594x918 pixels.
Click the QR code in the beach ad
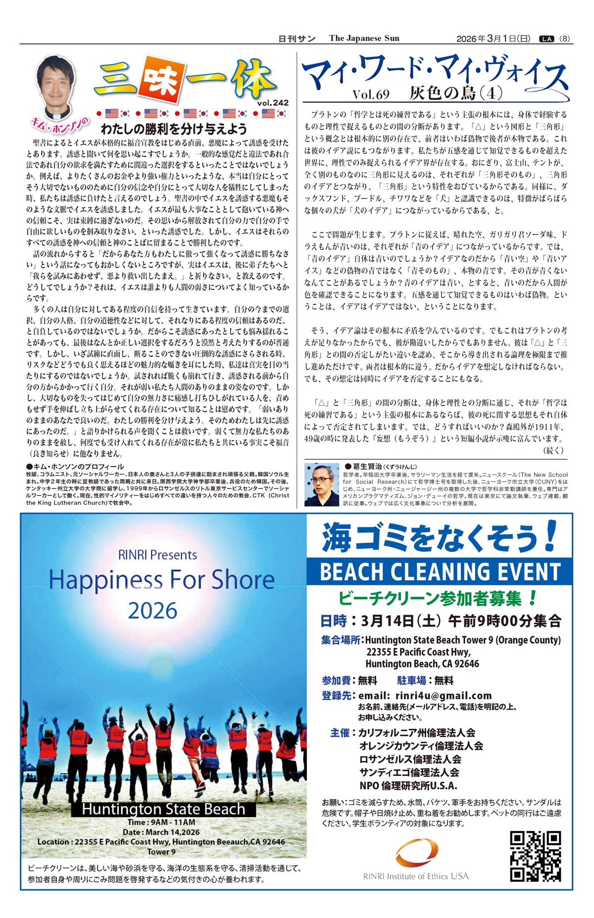tap(536, 856)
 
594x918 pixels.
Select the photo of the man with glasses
tap(321, 484)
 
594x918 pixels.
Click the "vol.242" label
tap(273, 103)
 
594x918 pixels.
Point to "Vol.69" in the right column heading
tap(371, 94)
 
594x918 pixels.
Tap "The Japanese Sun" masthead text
tap(364, 39)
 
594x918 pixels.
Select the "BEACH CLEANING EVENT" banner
tap(440, 572)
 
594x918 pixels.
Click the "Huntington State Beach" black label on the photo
tap(163, 809)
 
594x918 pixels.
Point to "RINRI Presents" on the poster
tap(157, 555)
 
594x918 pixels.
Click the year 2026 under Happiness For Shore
tap(152, 611)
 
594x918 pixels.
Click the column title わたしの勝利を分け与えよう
tap(174, 130)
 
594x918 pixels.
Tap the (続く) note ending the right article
tap(553, 450)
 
